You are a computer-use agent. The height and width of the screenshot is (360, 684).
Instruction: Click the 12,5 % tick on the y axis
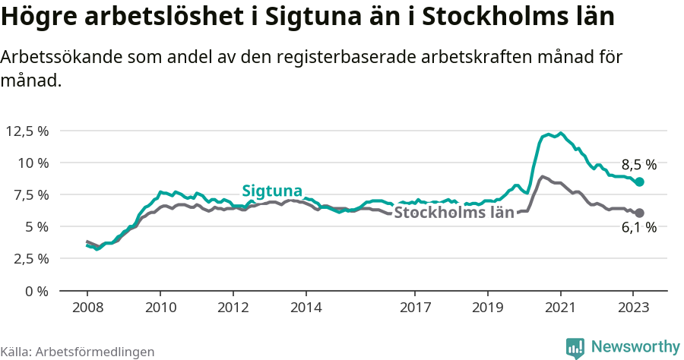point(27,131)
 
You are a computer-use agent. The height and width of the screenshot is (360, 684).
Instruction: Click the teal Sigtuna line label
point(272,191)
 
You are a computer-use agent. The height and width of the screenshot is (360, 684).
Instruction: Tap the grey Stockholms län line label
point(454,213)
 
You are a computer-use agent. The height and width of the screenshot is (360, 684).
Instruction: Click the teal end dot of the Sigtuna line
point(640,182)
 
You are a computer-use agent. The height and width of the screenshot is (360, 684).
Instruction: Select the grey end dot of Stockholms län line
point(640,213)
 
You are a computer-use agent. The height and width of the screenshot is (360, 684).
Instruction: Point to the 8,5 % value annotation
point(638,165)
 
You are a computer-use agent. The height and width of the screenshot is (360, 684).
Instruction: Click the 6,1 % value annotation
point(638,228)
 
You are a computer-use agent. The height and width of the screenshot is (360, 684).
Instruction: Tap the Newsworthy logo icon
point(575,347)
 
